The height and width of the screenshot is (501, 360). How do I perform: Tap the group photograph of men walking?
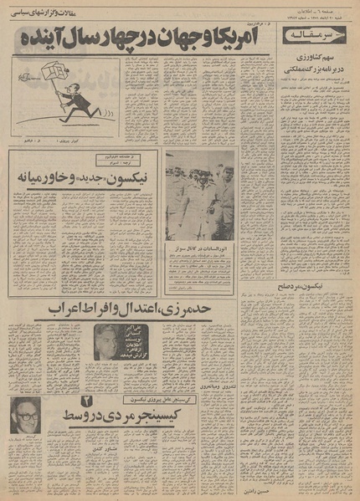point(200,197)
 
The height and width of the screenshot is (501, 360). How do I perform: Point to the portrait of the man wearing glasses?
point(25,415)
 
